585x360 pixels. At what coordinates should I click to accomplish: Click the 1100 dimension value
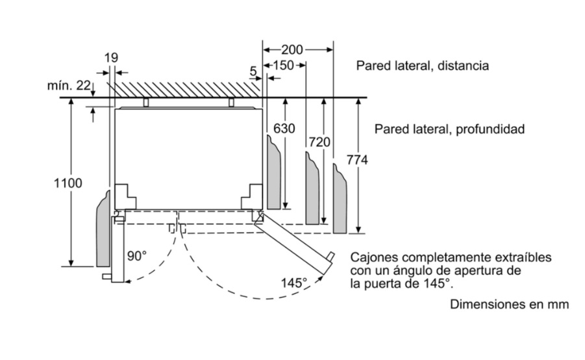[68, 183]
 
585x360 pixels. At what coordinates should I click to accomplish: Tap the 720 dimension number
[319, 142]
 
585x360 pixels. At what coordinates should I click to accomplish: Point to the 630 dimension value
[284, 129]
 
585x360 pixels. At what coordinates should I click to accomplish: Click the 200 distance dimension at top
[293, 49]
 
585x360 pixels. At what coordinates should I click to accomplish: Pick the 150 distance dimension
[284, 65]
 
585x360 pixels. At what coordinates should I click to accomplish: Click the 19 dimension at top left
[111, 57]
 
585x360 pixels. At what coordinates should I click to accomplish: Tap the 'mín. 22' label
[67, 86]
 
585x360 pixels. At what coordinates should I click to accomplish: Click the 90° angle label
[137, 256]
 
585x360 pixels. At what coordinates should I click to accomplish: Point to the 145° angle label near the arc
[293, 283]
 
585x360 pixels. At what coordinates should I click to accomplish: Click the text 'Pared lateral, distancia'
[422, 66]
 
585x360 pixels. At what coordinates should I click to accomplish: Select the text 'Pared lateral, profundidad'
[449, 129]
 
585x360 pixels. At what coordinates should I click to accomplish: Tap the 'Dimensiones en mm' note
[509, 304]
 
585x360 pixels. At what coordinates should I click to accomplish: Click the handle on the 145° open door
[331, 257]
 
